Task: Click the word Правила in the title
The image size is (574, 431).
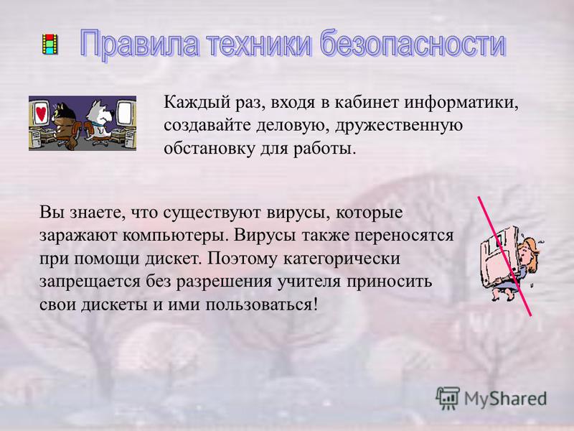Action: [x=140, y=45]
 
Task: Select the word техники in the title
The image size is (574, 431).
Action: [x=260, y=45]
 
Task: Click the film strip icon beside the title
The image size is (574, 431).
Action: [x=50, y=44]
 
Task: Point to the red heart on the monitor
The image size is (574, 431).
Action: [x=42, y=113]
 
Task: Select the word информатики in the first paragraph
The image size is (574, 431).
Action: [x=461, y=102]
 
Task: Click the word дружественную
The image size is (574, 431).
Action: [x=399, y=126]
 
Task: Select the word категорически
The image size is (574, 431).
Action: [x=342, y=259]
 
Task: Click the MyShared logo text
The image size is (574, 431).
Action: [x=505, y=399]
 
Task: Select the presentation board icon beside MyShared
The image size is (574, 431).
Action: [x=447, y=398]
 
